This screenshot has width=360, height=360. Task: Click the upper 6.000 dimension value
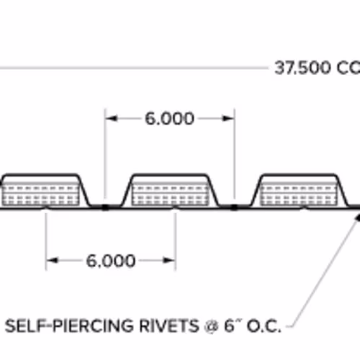point(169,119)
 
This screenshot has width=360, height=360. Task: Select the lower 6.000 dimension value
point(111,261)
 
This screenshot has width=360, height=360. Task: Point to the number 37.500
point(302,68)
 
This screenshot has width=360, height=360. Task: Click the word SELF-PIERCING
point(70,325)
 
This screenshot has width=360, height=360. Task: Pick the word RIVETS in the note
point(169,325)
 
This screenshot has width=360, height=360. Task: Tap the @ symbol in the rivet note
point(212,326)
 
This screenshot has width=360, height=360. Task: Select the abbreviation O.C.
point(264,326)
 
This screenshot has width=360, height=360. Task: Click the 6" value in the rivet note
point(233,325)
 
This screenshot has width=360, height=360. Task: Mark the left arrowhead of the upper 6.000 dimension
point(111,118)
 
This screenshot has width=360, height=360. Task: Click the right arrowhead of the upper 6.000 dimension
point(228,118)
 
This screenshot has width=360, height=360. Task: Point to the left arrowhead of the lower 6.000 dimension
point(52,261)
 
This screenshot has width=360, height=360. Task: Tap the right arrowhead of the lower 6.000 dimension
point(169,261)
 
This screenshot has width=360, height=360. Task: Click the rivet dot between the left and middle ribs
point(105,207)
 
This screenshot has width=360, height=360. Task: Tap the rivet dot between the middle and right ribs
point(234,207)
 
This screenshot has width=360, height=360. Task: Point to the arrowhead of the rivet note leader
point(358,218)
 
